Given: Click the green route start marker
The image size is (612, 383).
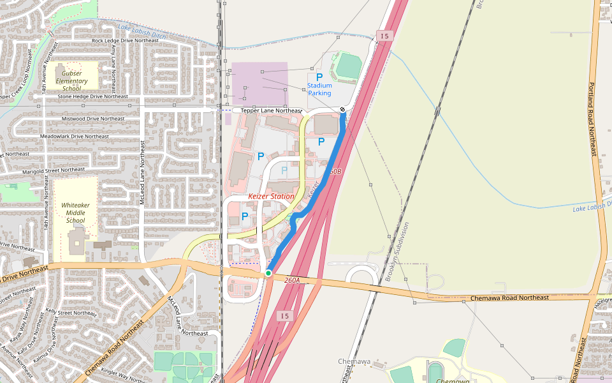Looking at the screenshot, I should click(x=268, y=273).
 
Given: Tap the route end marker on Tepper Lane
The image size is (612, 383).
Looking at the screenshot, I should click(x=342, y=109).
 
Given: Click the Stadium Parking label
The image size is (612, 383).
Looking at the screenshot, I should click(x=319, y=89).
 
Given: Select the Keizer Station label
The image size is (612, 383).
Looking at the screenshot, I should click(x=271, y=197).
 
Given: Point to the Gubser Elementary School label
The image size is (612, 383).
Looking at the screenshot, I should click(x=71, y=80).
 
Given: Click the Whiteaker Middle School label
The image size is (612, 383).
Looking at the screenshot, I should click(x=75, y=213).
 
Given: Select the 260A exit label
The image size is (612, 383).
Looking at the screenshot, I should click(x=292, y=280).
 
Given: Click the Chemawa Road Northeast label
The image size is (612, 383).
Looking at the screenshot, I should click(x=509, y=297).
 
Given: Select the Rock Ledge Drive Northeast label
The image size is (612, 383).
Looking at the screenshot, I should click(x=125, y=40).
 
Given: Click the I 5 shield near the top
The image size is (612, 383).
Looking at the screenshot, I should click(x=384, y=36).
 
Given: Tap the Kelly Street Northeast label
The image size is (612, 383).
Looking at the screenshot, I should click(x=71, y=313).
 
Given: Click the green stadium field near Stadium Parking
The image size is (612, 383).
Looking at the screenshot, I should click(x=348, y=65).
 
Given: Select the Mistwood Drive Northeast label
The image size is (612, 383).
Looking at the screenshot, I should click(x=93, y=119).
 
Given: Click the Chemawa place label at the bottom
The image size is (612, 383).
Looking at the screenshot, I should click(x=354, y=361).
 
